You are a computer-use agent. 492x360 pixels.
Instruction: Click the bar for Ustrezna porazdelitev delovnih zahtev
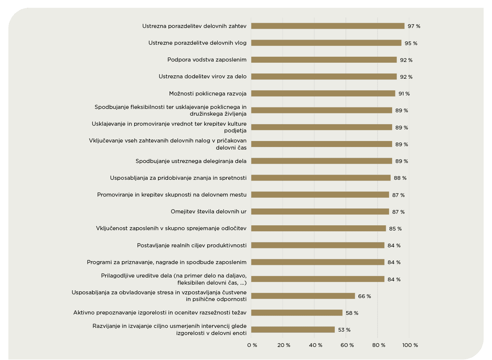click(x=328, y=26)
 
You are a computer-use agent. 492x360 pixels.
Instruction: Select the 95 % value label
click(x=411, y=43)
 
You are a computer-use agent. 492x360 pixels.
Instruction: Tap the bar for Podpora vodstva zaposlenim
click(x=324, y=60)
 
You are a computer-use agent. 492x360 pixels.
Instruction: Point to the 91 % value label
click(x=404, y=94)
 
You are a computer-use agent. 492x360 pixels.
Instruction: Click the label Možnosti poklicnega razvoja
click(x=208, y=93)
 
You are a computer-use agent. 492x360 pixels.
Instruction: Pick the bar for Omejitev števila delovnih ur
click(x=320, y=212)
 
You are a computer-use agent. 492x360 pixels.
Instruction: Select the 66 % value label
click(x=365, y=296)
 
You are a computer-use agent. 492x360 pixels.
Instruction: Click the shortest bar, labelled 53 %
click(x=293, y=330)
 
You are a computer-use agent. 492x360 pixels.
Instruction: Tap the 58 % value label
click(x=352, y=313)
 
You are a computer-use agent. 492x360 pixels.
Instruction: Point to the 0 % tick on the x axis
click(x=252, y=345)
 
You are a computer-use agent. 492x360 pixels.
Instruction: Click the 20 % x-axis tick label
click(x=284, y=345)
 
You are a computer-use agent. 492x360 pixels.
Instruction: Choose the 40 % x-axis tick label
click(x=315, y=345)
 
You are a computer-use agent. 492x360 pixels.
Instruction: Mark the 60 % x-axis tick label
click(x=347, y=345)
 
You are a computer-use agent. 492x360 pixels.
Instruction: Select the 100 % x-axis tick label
click(x=410, y=345)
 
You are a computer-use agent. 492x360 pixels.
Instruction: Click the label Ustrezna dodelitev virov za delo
click(x=202, y=76)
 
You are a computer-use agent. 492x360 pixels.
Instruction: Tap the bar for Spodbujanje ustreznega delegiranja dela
click(x=321, y=161)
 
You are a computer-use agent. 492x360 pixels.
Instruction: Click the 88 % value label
click(x=400, y=178)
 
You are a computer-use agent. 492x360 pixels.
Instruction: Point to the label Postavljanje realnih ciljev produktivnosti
click(x=192, y=245)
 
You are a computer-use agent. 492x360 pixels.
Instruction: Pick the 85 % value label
click(x=395, y=229)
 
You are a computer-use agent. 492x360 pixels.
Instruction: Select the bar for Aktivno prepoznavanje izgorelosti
click(x=297, y=313)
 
